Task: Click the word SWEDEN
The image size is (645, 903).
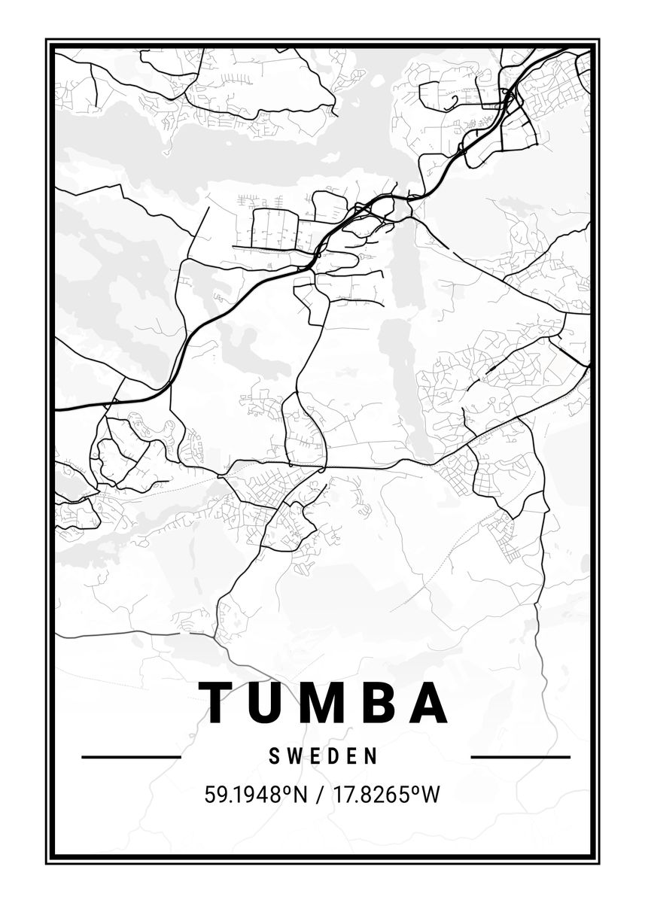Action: [x=324, y=756]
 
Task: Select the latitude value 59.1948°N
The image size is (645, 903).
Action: [x=256, y=794]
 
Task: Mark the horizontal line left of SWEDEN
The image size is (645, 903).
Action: [x=131, y=756]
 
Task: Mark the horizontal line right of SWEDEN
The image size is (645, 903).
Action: [x=520, y=756]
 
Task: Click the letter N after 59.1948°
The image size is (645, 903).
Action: [x=301, y=794]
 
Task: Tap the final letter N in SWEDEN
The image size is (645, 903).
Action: [x=372, y=756]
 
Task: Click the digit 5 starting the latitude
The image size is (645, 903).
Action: [x=209, y=794]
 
